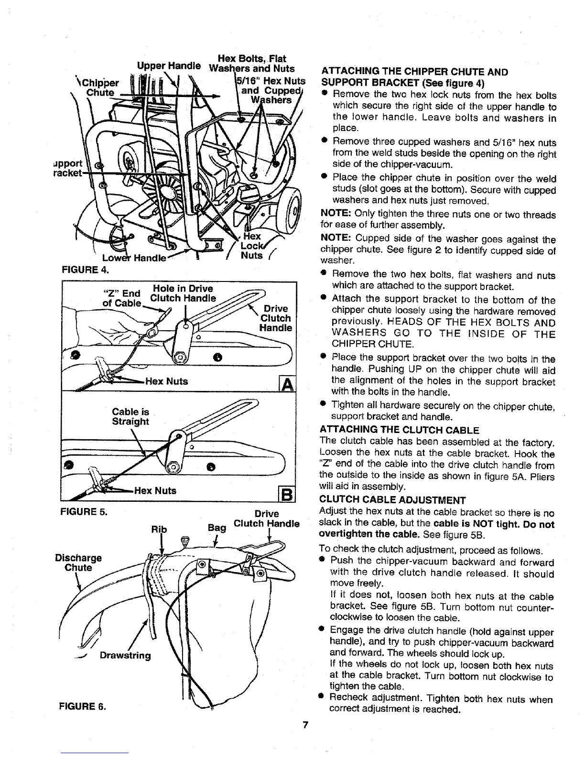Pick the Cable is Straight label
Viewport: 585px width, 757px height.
tap(130, 417)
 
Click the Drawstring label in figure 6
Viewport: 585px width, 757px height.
tap(125, 655)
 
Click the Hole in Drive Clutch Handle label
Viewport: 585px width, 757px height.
tap(183, 293)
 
